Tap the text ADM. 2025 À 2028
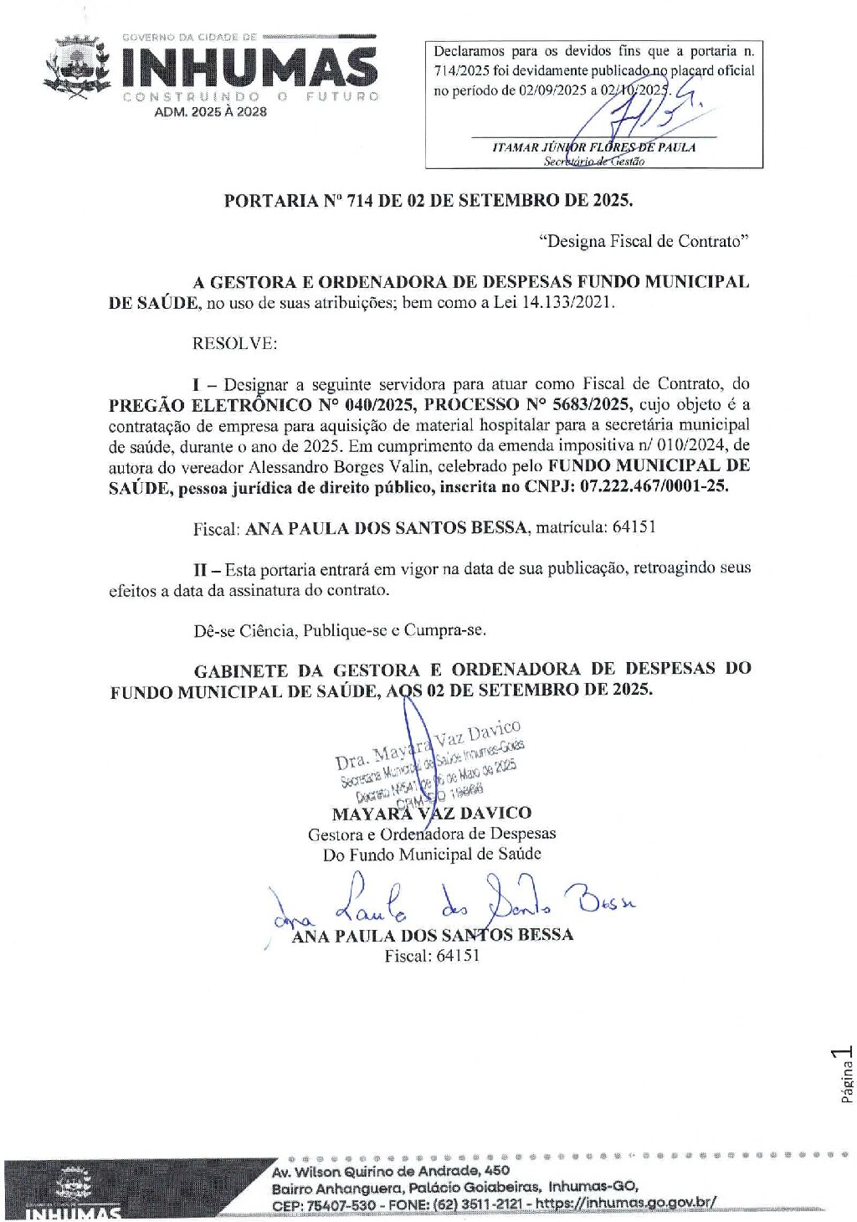(x=210, y=111)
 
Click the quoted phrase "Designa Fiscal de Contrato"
(x=643, y=241)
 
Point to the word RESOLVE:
(x=234, y=343)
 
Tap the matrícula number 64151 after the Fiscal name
(x=634, y=527)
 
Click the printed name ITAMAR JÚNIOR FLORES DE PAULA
(x=593, y=147)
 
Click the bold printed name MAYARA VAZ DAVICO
(x=431, y=814)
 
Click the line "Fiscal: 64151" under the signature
(x=432, y=956)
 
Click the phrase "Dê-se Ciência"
(x=244, y=630)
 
